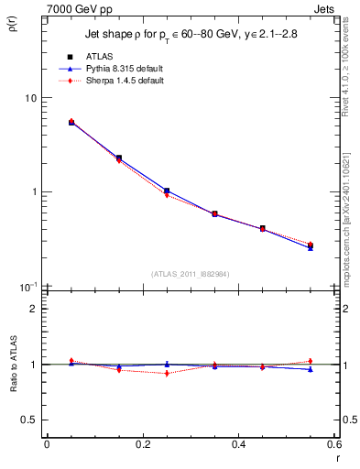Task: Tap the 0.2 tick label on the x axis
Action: tap(142, 444)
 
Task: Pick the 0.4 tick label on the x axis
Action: tap(238, 444)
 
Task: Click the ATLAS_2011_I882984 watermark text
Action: tap(190, 273)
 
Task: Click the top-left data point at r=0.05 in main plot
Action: tap(71, 122)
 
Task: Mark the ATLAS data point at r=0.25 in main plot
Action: tap(167, 191)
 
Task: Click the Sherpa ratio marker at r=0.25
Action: tap(167, 373)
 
